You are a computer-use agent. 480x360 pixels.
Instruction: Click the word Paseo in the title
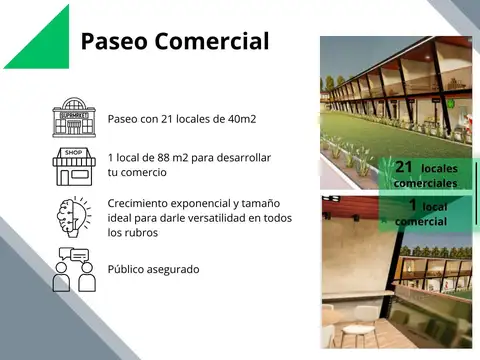(x=112, y=42)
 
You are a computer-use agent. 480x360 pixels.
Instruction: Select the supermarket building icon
(x=73, y=117)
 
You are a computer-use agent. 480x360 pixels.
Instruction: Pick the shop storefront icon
(x=73, y=167)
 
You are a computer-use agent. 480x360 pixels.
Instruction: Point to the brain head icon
(x=73, y=217)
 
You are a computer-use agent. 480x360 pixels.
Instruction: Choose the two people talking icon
(x=73, y=269)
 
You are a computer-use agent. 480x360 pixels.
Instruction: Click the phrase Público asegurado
(x=153, y=269)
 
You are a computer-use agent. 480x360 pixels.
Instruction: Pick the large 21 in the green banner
(x=404, y=168)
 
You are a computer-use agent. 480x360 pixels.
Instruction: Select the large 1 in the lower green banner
(x=412, y=206)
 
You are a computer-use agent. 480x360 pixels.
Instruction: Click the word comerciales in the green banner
(x=426, y=184)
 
